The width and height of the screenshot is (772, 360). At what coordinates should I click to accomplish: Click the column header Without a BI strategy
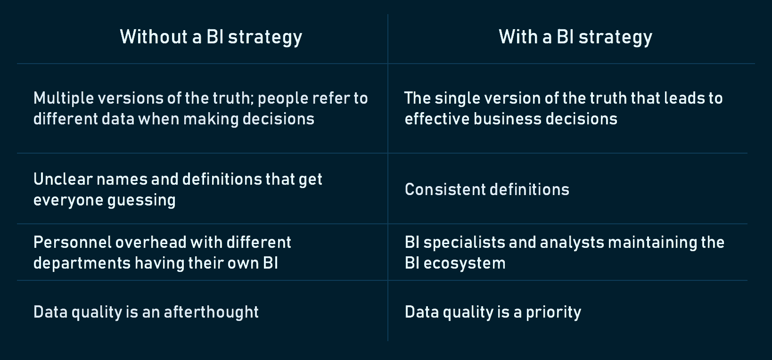click(211, 37)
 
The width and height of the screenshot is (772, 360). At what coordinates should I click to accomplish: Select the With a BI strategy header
click(575, 37)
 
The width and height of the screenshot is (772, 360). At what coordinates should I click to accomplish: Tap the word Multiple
click(64, 98)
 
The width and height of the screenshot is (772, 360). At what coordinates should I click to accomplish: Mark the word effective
click(436, 119)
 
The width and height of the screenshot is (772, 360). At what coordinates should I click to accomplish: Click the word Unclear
click(63, 179)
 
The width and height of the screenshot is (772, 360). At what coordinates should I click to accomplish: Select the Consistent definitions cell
click(487, 189)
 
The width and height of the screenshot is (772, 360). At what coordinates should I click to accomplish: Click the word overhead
click(151, 243)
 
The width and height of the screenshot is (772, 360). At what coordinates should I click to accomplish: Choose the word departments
click(82, 263)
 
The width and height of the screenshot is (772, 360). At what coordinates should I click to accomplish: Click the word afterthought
click(211, 312)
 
